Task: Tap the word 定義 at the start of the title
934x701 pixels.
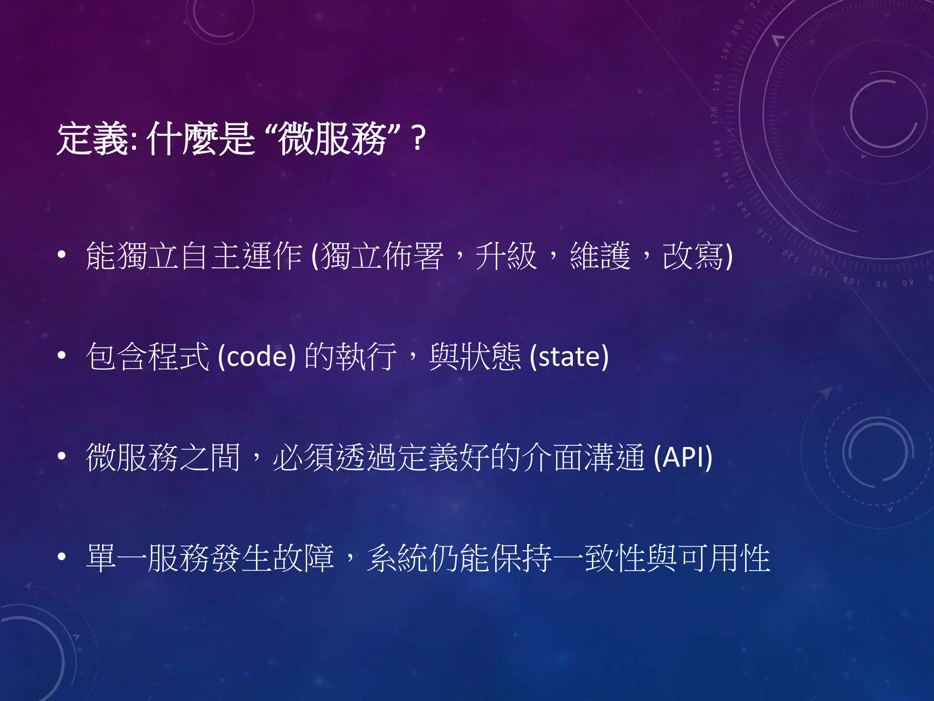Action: click(93, 139)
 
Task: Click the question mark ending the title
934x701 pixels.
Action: click(418, 139)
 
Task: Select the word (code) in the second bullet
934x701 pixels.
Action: click(257, 356)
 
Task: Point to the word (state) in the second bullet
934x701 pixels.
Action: click(569, 356)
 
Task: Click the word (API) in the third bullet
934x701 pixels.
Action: click(683, 457)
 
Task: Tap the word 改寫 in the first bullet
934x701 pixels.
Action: click(693, 256)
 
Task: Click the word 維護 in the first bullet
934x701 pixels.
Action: click(600, 256)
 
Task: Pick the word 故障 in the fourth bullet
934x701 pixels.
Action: click(303, 558)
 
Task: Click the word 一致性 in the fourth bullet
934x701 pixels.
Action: click(616, 558)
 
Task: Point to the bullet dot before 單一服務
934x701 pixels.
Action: click(62, 557)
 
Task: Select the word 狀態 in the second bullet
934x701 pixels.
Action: click(491, 356)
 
